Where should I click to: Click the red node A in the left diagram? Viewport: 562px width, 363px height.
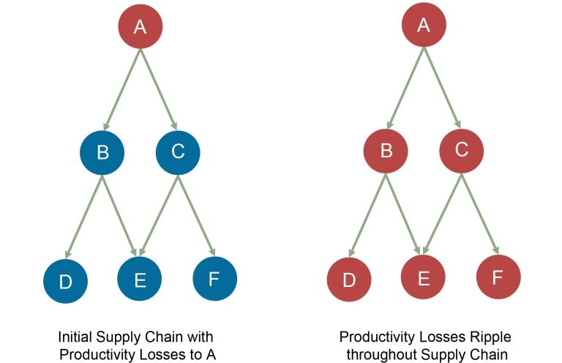[140, 26]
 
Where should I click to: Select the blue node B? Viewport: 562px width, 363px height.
[102, 153]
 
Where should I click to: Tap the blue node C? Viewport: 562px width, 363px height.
[178, 153]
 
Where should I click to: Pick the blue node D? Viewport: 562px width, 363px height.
[66, 281]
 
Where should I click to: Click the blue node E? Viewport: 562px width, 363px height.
[140, 279]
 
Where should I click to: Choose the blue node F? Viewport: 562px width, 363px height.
[214, 278]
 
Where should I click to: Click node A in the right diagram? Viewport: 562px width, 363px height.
[424, 25]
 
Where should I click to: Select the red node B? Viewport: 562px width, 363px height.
[386, 151]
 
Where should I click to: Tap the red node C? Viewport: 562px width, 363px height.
[462, 151]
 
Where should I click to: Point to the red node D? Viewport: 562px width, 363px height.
[349, 279]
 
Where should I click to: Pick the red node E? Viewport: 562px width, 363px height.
[423, 277]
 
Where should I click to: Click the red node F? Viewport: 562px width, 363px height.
[498, 277]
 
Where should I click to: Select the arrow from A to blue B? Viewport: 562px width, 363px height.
[122, 89]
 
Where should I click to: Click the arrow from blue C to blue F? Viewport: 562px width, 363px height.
[196, 216]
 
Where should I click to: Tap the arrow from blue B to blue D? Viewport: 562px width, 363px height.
[84, 217]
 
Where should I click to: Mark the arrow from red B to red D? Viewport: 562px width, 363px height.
[367, 215]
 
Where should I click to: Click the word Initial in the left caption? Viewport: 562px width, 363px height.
[75, 337]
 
